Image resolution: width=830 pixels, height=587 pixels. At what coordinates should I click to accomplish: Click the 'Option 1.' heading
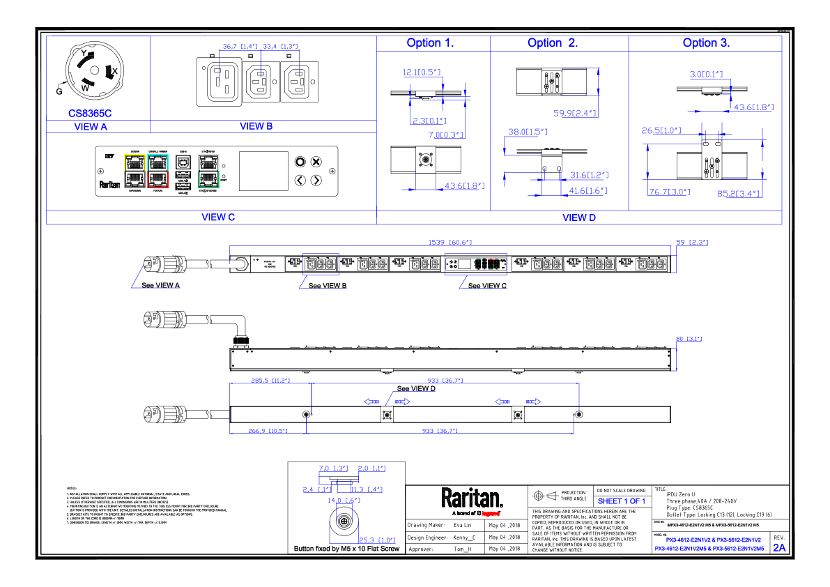[x=430, y=43]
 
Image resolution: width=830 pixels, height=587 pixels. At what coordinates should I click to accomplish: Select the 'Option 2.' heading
[x=552, y=43]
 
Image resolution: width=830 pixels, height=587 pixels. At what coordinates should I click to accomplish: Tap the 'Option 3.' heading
[x=706, y=43]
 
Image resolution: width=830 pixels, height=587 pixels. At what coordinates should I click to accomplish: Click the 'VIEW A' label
[x=91, y=128]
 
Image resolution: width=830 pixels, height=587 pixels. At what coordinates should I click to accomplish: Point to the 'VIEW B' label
[x=256, y=126]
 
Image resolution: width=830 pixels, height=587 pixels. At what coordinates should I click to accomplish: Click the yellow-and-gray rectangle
[x=135, y=171]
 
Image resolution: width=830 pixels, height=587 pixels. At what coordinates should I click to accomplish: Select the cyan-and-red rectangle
[x=157, y=171]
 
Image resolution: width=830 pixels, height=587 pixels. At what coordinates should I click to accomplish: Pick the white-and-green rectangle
[x=208, y=171]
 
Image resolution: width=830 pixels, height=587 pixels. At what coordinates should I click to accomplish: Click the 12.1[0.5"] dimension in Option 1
[x=421, y=73]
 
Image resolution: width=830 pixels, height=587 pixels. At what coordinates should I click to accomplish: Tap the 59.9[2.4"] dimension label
[x=575, y=114]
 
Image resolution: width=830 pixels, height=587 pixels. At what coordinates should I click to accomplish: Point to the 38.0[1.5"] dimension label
[x=528, y=132]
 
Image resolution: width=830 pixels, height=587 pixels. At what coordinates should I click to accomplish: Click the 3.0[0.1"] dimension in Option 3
[x=706, y=75]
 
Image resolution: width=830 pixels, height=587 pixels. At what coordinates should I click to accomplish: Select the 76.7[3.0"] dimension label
[x=669, y=192]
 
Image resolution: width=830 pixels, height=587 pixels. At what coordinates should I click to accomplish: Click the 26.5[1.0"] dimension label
[x=661, y=131]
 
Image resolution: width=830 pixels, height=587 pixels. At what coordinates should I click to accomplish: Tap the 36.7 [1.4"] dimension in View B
[x=240, y=47]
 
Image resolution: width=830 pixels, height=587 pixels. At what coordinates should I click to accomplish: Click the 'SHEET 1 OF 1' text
[x=622, y=502]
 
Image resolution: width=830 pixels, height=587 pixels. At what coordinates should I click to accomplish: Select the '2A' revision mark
[x=779, y=548]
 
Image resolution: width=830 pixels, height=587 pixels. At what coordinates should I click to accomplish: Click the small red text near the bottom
[x=491, y=514]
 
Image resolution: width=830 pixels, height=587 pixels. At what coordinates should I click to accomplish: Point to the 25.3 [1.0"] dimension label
[x=377, y=540]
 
